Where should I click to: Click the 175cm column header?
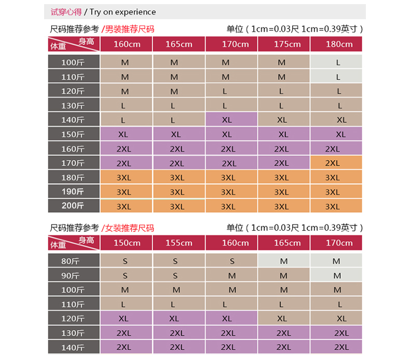click(284, 44)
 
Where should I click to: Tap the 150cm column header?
click(126, 243)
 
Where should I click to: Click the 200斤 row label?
click(73, 206)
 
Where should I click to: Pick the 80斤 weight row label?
click(73, 261)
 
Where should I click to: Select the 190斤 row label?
click(73, 191)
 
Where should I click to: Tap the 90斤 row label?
click(73, 275)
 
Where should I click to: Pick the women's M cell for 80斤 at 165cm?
click(284, 261)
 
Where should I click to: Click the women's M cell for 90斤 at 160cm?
click(231, 275)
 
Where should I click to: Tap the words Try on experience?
click(122, 12)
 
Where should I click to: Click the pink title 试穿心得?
click(66, 12)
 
